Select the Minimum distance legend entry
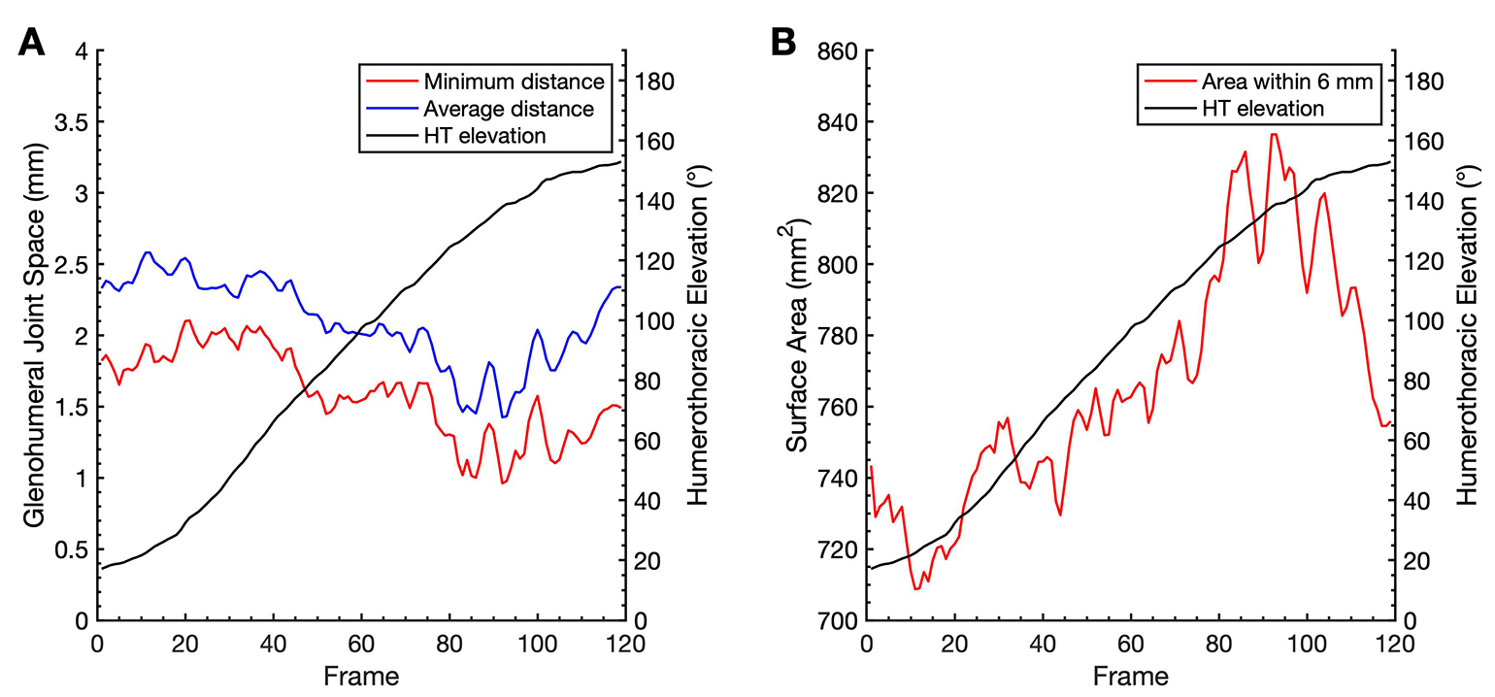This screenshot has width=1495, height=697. (513, 82)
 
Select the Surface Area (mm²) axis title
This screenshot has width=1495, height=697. (798, 335)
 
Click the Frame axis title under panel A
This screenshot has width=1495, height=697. (360, 673)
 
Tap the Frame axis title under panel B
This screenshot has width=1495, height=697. (1129, 673)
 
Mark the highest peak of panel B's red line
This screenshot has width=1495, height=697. (1274, 134)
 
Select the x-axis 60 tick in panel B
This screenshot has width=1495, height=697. (1129, 643)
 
